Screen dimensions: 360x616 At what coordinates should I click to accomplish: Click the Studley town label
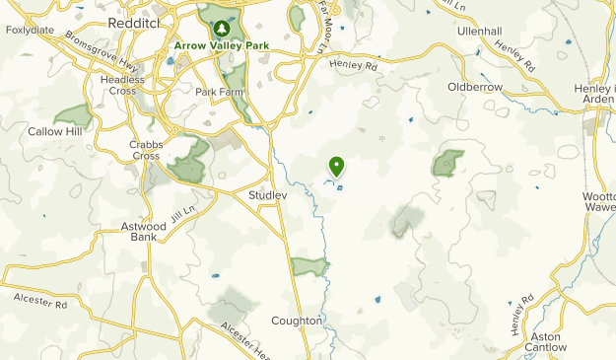pos(267,195)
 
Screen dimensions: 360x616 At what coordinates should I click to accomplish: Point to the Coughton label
pos(297,321)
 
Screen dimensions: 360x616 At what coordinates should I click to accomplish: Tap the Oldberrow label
pos(475,87)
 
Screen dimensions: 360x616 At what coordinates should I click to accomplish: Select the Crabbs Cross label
pos(145,149)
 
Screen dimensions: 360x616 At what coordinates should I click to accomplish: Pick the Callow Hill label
pos(55,131)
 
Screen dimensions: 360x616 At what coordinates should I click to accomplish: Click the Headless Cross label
pos(122,85)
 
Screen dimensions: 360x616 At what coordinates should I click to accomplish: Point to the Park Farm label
pos(219,92)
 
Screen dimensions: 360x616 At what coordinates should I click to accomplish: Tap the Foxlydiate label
pos(29,31)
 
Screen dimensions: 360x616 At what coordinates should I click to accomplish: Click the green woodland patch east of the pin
pos(448,163)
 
